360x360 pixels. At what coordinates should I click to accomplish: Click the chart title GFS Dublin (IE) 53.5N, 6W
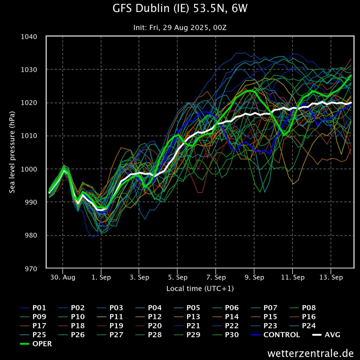pos(180,9)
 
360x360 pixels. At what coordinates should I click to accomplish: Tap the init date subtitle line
pos(180,27)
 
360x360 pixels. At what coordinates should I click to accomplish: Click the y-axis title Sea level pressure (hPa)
pos(12,152)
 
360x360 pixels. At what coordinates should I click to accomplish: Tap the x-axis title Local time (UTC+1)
pos(200,289)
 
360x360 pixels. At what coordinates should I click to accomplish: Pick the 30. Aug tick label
pos(63,278)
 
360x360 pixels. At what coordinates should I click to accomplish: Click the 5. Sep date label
pos(178,278)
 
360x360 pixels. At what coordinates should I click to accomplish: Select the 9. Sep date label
pos(254,278)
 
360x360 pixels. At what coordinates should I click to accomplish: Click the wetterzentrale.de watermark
pos(310,353)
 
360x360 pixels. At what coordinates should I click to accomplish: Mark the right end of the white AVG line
pos(351,103)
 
